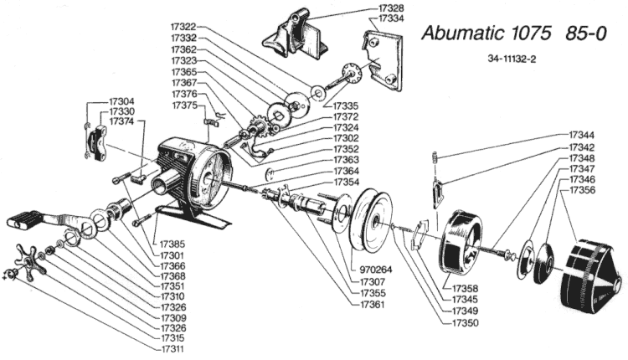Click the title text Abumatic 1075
486,33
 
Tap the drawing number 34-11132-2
512,59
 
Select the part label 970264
376,270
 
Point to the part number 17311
172,349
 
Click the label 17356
582,190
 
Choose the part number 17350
465,322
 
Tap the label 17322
184,27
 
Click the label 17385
172,244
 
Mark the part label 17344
582,136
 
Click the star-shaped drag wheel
29,261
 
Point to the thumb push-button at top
295,35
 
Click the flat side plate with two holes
383,60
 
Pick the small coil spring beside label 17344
434,157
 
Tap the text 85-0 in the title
585,33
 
